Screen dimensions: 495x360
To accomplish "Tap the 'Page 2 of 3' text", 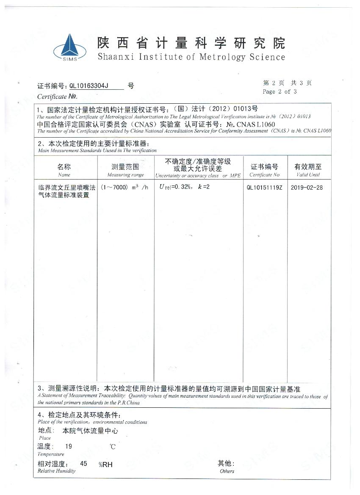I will [x=280, y=91].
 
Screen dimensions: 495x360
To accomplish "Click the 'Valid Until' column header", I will [x=308, y=175].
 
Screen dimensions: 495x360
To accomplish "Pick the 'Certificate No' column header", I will [x=264, y=175].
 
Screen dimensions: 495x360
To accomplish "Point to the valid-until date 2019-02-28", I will [x=307, y=188].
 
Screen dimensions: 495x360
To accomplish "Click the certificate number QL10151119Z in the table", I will [x=264, y=188].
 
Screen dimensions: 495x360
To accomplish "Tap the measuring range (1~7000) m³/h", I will [x=125, y=188].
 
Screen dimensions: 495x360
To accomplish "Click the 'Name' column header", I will [x=64, y=175].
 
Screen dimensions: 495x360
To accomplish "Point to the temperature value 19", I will [x=69, y=446].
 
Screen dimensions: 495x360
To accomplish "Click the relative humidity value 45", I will [x=83, y=464].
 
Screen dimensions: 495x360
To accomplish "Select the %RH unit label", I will [x=106, y=465].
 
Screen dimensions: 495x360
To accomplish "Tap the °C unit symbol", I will [x=112, y=447].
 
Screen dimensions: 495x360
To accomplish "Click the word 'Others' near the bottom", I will [x=227, y=471].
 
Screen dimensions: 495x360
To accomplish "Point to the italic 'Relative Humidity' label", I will [x=56, y=471].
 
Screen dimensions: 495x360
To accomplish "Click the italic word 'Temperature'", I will [x=51, y=454].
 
